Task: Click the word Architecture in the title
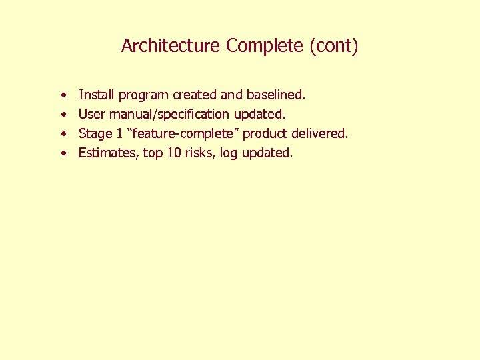tap(170, 46)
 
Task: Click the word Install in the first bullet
tap(96, 95)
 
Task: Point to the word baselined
tap(275, 95)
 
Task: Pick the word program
tap(143, 96)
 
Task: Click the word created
tap(195, 95)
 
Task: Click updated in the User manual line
tap(259, 115)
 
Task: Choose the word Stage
tap(95, 134)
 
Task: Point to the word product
tap(265, 134)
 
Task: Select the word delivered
tap(319, 133)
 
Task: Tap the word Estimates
tap(109, 153)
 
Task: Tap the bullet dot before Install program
tap(62, 96)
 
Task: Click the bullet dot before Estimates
tap(62, 153)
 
